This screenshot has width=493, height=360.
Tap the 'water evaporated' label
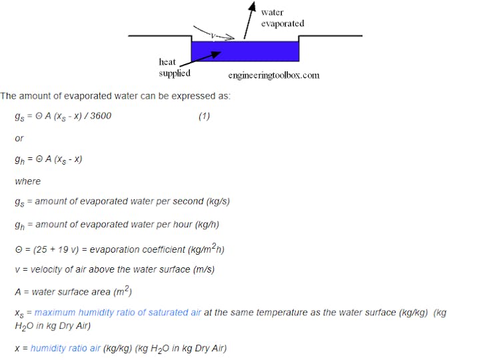[x=282, y=18]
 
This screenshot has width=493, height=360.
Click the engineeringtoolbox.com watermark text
[x=273, y=75]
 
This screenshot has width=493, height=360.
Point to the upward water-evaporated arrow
[x=248, y=18]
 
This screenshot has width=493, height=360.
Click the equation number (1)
[x=204, y=116]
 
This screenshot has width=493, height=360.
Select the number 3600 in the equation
[x=100, y=116]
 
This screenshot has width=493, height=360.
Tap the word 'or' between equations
[x=19, y=138]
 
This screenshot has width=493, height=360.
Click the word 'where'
[x=27, y=181]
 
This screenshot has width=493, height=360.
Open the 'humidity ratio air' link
[x=67, y=348]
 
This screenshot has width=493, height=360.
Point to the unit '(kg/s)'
[x=216, y=201]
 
